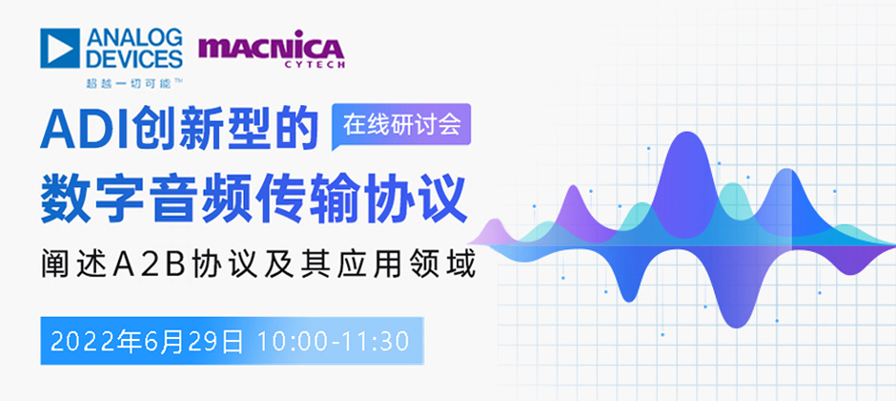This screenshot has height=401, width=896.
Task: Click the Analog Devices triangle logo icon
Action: [x=59, y=48]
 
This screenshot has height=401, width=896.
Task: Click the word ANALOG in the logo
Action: [x=133, y=38]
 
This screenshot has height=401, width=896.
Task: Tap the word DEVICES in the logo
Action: [x=133, y=58]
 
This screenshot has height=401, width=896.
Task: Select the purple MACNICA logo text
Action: [x=271, y=48]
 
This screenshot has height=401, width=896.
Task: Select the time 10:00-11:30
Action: [x=334, y=342]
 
